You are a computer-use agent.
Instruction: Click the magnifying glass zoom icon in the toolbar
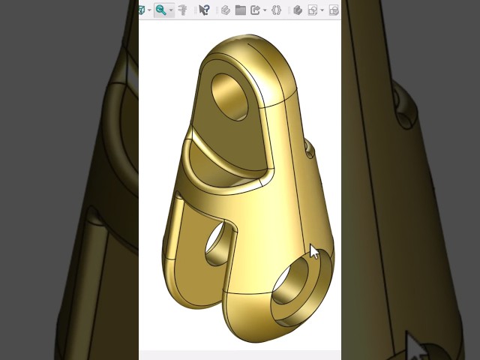[160, 10]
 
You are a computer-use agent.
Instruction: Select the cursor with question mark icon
[203, 10]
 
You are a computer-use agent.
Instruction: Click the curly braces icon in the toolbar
[276, 10]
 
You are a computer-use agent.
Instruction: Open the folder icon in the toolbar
[240, 10]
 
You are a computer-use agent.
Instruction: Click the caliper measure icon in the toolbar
[182, 10]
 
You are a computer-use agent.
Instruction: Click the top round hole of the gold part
[232, 95]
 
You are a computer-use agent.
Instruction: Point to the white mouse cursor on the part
[314, 251]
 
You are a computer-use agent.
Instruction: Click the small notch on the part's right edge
[309, 150]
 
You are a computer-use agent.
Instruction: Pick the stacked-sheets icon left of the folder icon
[225, 10]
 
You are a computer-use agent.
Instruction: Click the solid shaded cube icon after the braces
[297, 10]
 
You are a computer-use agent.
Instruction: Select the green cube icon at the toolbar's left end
[141, 10]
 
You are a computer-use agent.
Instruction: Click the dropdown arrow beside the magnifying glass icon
[170, 10]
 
